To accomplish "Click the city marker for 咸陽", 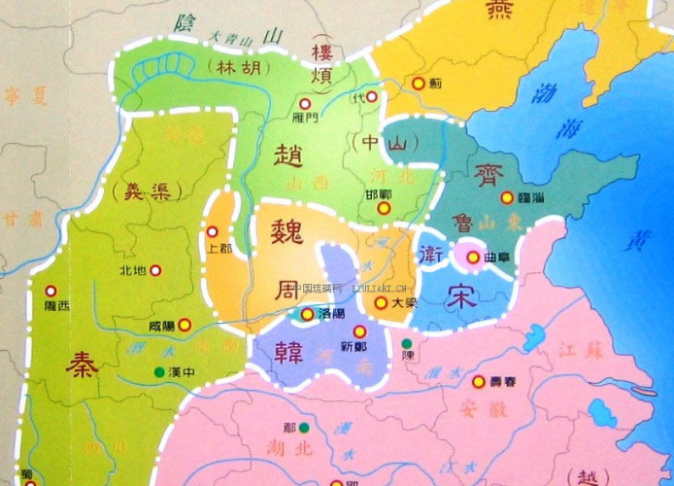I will pyautogui.click(x=185, y=326).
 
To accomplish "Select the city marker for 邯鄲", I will pyautogui.click(x=384, y=207).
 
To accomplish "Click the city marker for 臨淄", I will pyautogui.click(x=506, y=197).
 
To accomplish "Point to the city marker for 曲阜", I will pyautogui.click(x=473, y=258).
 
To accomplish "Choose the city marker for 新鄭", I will pyautogui.click(x=359, y=331).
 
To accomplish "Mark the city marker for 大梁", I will pyautogui.click(x=380, y=303).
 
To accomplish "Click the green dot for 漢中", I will pyautogui.click(x=158, y=371).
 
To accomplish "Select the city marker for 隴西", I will pyautogui.click(x=51, y=290).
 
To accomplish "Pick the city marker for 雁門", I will pyautogui.click(x=304, y=103).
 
